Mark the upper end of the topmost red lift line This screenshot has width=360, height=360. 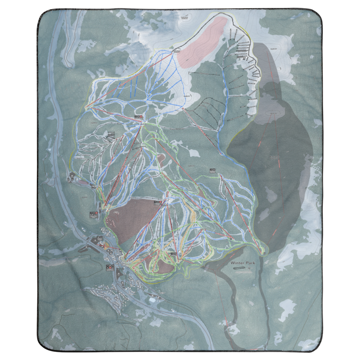(x=173, y=52)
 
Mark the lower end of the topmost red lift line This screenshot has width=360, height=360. (x=86, y=107)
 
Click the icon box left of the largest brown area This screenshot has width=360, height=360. (x=93, y=214)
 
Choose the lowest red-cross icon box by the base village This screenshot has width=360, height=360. (x=109, y=267)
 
